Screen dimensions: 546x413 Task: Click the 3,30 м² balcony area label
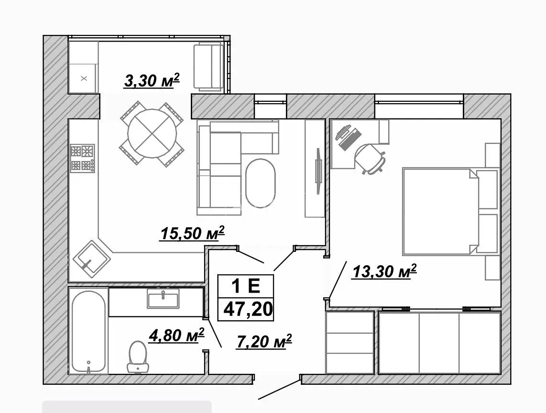(x=152, y=81)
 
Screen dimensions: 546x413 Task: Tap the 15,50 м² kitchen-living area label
(x=192, y=233)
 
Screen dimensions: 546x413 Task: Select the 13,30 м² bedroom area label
(x=384, y=272)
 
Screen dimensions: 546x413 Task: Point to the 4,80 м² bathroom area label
(x=176, y=336)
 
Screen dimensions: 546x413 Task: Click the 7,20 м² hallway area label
(x=264, y=341)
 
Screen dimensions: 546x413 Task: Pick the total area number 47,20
(x=248, y=309)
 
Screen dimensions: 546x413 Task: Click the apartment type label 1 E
(x=246, y=286)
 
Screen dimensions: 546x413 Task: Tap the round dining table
(x=152, y=133)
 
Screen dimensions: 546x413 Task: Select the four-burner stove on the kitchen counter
(x=83, y=158)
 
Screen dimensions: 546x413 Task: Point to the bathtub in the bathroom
(x=88, y=332)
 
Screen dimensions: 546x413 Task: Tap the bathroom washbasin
(x=163, y=299)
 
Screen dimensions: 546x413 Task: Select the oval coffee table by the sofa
(x=260, y=183)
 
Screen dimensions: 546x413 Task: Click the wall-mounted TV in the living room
(x=318, y=171)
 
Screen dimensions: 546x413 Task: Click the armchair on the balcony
(x=208, y=66)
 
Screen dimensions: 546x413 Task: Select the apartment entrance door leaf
(x=279, y=390)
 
